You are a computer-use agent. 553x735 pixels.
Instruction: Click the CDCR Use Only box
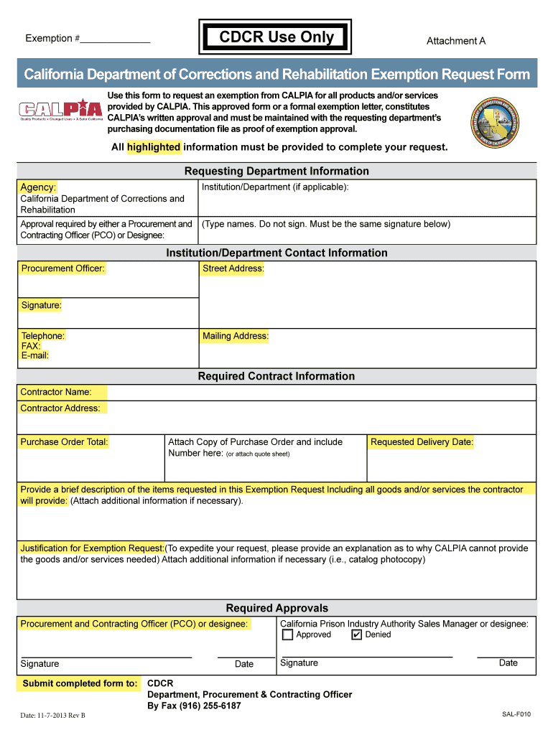pos(276,37)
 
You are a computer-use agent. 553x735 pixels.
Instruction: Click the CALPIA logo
pos(60,111)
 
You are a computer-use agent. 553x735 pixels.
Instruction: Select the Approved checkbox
pos(287,635)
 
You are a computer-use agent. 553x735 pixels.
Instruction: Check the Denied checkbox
pos(357,635)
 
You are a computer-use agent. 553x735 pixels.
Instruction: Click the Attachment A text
pos(455,41)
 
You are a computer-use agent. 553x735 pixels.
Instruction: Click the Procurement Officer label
pos(62,268)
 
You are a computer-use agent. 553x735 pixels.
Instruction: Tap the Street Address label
pos(233,268)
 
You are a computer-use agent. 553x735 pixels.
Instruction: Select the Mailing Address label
pos(235,336)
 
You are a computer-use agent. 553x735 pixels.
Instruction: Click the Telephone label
pos(42,336)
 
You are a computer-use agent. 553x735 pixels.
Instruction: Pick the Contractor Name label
pos(56,392)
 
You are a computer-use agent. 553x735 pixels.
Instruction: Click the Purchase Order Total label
pos(64,442)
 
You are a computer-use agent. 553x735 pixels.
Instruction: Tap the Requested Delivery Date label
pos(422,442)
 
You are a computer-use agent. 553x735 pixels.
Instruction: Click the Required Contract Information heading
pos(276,376)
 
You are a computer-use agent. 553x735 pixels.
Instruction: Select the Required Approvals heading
pos(276,608)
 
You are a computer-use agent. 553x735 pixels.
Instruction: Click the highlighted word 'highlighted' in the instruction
pos(154,147)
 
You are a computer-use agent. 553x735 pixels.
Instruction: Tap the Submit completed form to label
pos(80,683)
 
